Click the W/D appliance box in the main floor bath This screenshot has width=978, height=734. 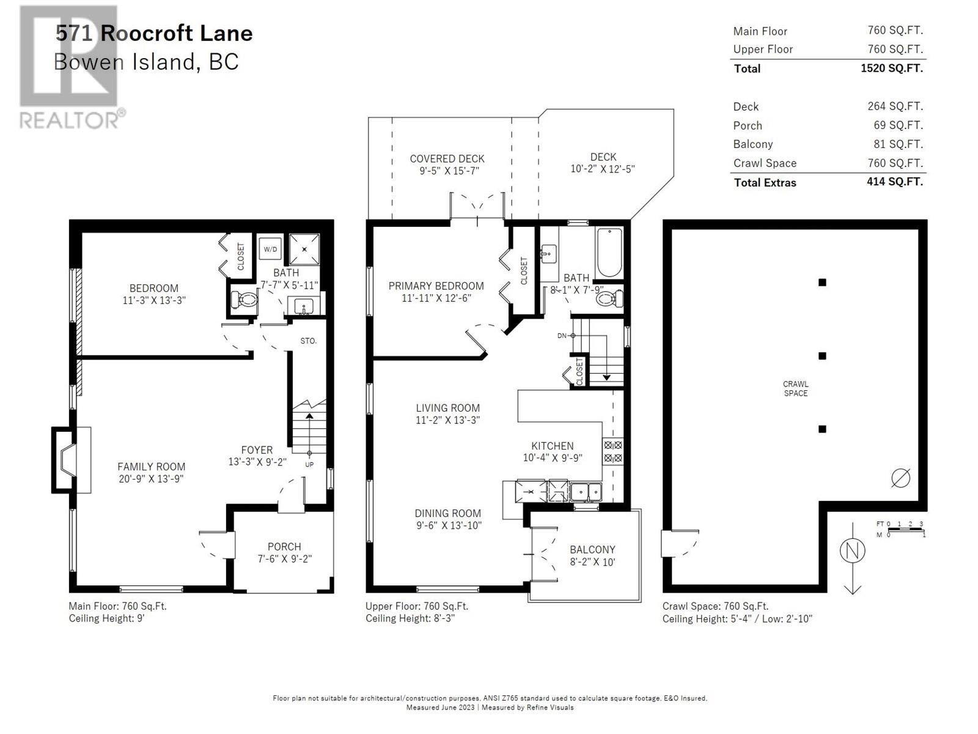270,250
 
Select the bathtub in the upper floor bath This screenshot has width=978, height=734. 609,253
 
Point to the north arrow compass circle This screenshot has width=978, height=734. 852,551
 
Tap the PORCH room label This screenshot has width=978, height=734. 284,547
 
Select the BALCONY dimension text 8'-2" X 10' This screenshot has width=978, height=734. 592,562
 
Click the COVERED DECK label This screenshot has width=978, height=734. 447,158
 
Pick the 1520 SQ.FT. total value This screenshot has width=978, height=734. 891,68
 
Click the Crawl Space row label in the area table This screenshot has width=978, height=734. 765,163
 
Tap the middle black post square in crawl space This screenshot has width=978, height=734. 822,356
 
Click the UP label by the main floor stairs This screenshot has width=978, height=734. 309,465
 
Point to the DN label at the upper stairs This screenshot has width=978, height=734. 562,336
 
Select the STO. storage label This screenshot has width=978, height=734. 308,341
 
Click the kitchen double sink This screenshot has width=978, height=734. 586,491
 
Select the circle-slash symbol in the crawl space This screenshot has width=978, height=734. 900,478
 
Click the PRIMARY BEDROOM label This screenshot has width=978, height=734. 436,286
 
